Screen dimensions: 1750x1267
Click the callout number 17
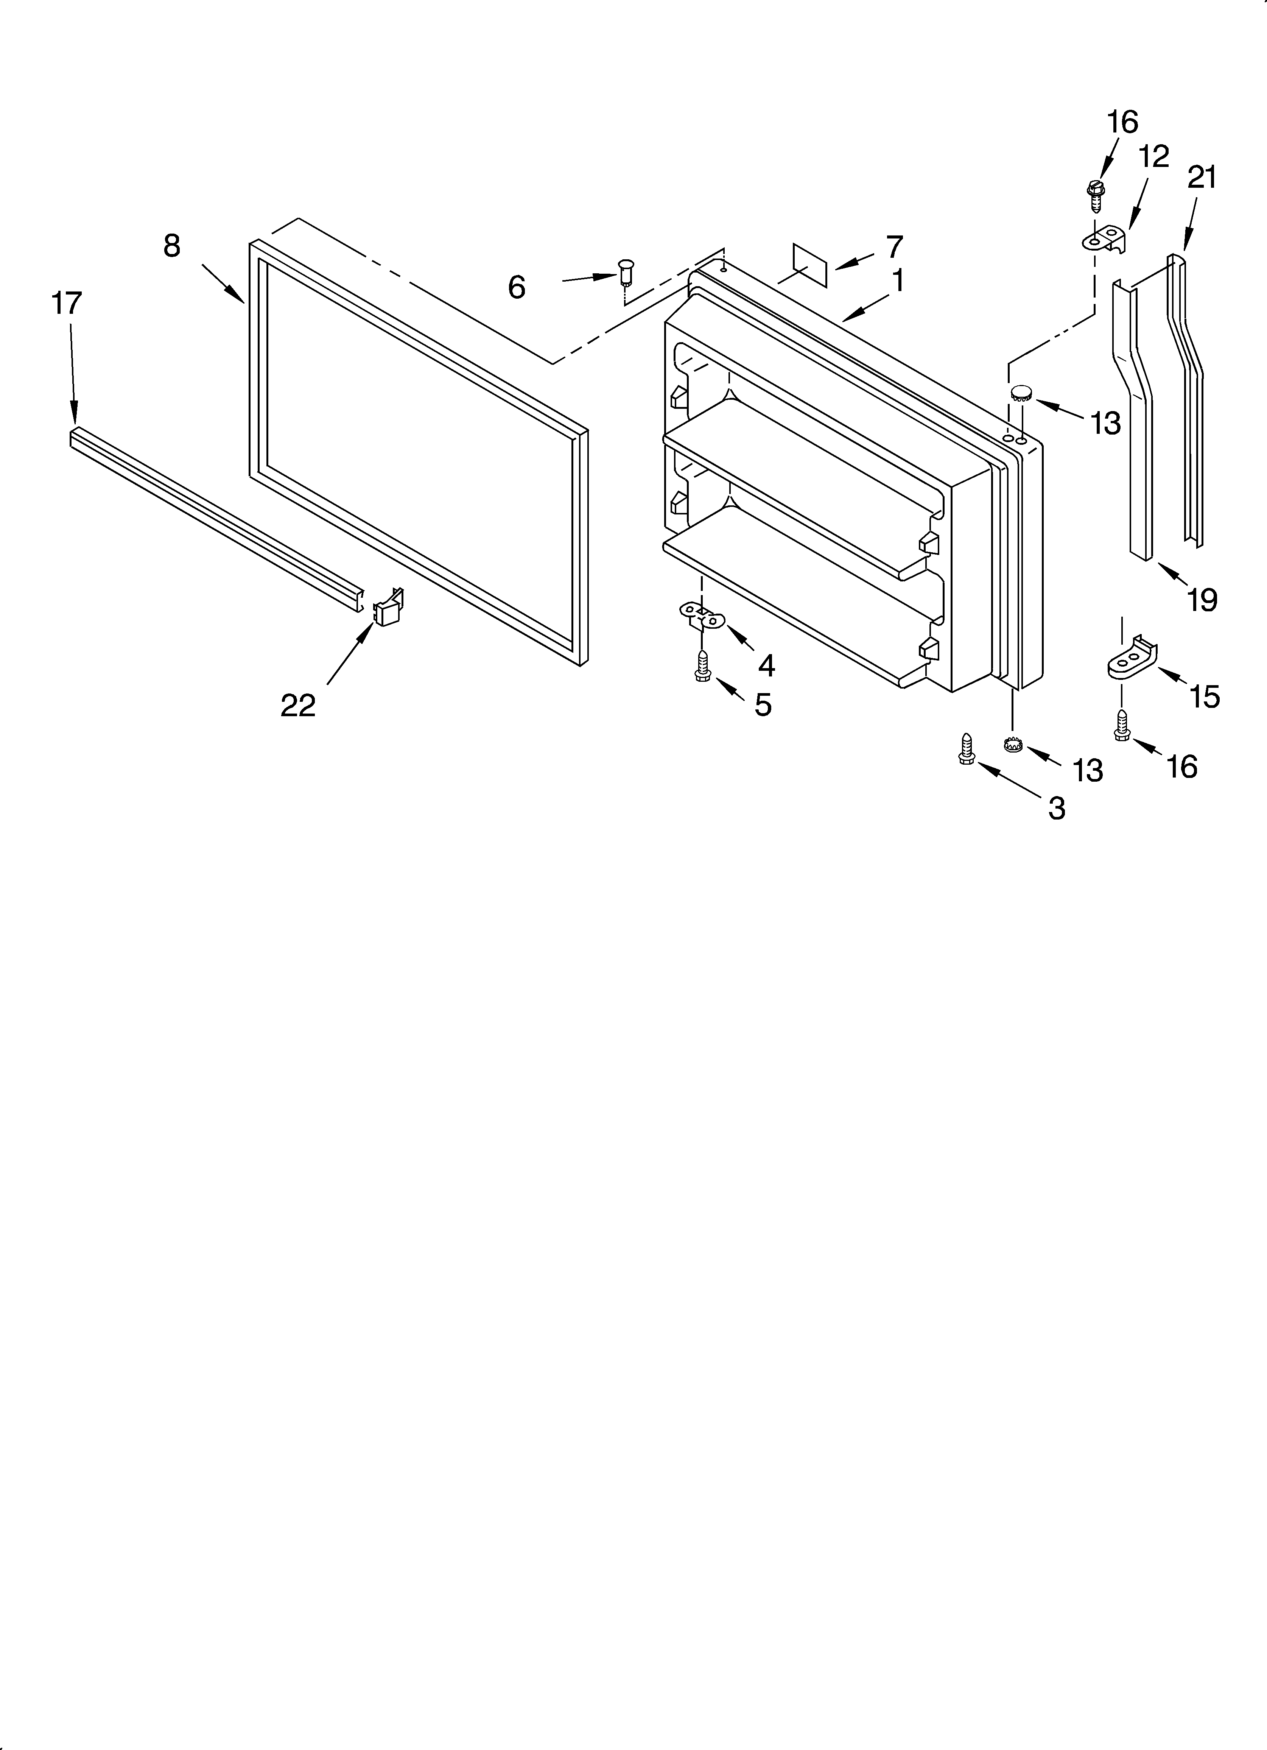(x=67, y=303)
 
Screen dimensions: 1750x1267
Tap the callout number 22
(x=298, y=704)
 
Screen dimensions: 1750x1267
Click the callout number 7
(x=893, y=247)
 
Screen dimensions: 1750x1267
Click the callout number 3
(x=1056, y=808)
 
